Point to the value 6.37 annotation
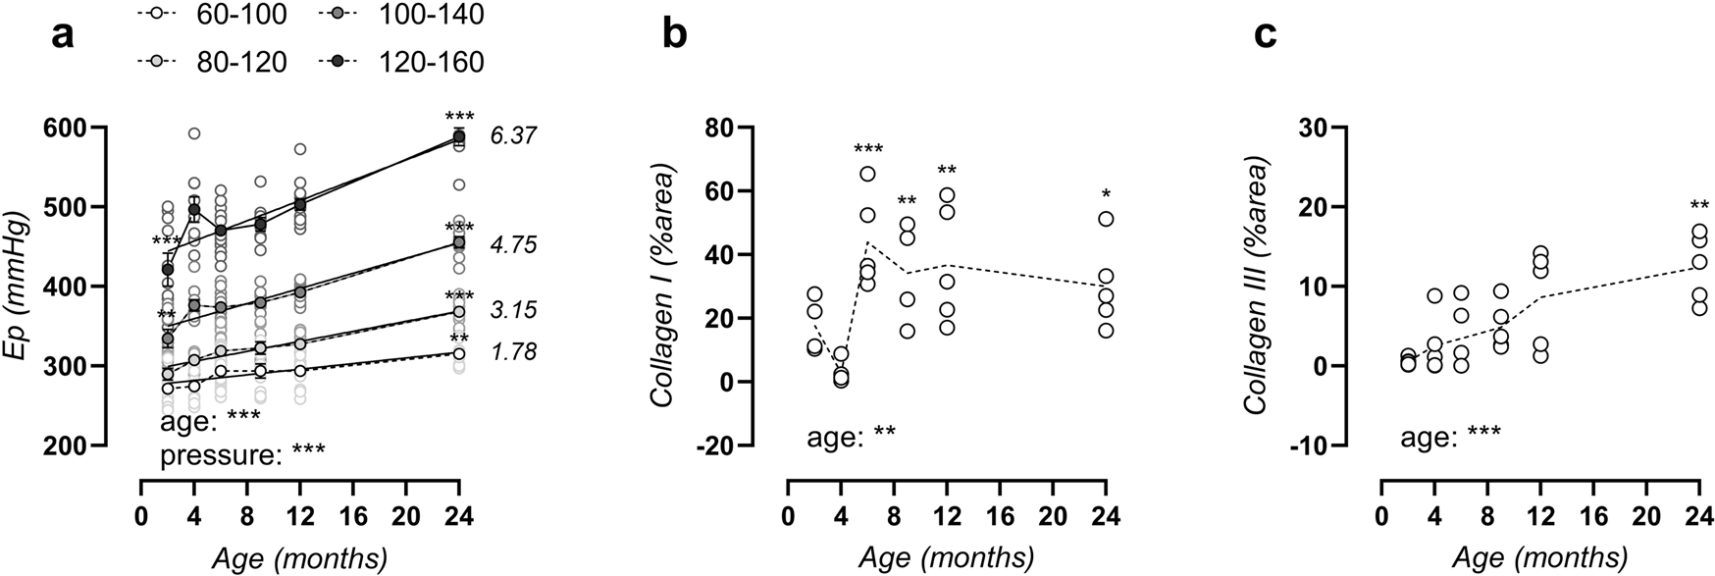512,135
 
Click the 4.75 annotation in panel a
512,244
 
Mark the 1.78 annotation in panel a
512,351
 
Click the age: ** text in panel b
851,436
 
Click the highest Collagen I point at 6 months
868,174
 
